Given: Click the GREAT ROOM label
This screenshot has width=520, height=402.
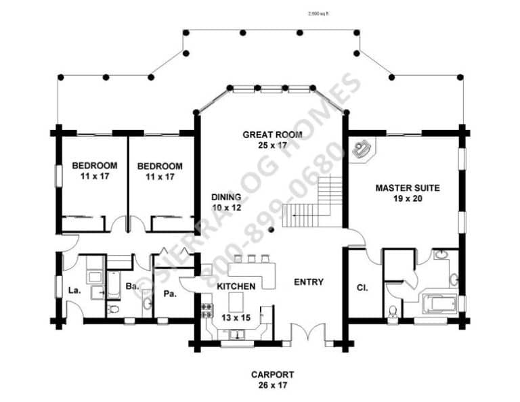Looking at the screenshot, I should [x=273, y=135].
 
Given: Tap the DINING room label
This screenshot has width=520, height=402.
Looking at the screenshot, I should [x=226, y=197].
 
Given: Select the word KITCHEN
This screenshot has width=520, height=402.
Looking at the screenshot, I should [x=236, y=286].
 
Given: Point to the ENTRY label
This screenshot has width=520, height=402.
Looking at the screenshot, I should [x=308, y=282].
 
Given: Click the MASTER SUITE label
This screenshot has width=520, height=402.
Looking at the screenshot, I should [x=408, y=187].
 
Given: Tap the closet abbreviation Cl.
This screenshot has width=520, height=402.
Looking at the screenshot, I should [x=362, y=287].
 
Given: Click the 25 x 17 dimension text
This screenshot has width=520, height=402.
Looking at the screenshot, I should [x=273, y=146].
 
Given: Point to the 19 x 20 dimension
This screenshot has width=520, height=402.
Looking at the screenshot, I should [x=408, y=198].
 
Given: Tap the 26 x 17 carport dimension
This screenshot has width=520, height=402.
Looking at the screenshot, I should [x=273, y=385].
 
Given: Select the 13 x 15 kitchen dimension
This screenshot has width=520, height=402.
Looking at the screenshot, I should [x=236, y=316].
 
